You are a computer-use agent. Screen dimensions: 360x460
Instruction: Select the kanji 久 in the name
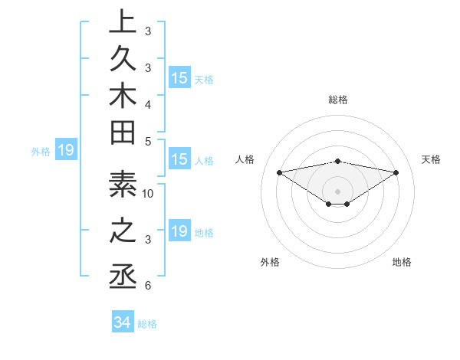pyautogui.click(x=123, y=62)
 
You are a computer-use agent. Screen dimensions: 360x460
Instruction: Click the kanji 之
pyautogui.click(x=123, y=231)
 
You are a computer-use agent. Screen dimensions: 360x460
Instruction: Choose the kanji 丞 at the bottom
pyautogui.click(x=123, y=273)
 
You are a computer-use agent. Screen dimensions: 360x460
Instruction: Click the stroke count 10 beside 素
pyautogui.click(x=149, y=193)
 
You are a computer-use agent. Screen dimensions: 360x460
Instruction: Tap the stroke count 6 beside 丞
pyautogui.click(x=147, y=286)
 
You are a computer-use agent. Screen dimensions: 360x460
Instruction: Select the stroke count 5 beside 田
pyautogui.click(x=147, y=141)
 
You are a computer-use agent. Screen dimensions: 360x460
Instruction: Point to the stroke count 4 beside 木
pyautogui.click(x=147, y=103)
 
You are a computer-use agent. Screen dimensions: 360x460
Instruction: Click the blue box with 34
pyautogui.click(x=123, y=322)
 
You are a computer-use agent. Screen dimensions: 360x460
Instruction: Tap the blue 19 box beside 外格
pyautogui.click(x=66, y=151)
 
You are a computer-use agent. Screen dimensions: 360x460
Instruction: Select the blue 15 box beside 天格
pyautogui.click(x=179, y=78)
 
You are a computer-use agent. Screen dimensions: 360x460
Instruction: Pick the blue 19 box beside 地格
pyautogui.click(x=179, y=231)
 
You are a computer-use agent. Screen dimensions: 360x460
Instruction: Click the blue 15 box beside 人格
pyautogui.click(x=179, y=160)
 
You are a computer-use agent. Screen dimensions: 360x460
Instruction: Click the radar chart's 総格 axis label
pyautogui.click(x=337, y=100)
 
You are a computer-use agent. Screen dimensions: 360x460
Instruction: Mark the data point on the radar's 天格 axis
pyautogui.click(x=396, y=172)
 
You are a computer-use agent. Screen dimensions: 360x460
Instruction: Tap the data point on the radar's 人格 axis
pyautogui.click(x=279, y=172)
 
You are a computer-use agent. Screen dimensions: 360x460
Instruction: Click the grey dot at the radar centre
pyautogui.click(x=337, y=191)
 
